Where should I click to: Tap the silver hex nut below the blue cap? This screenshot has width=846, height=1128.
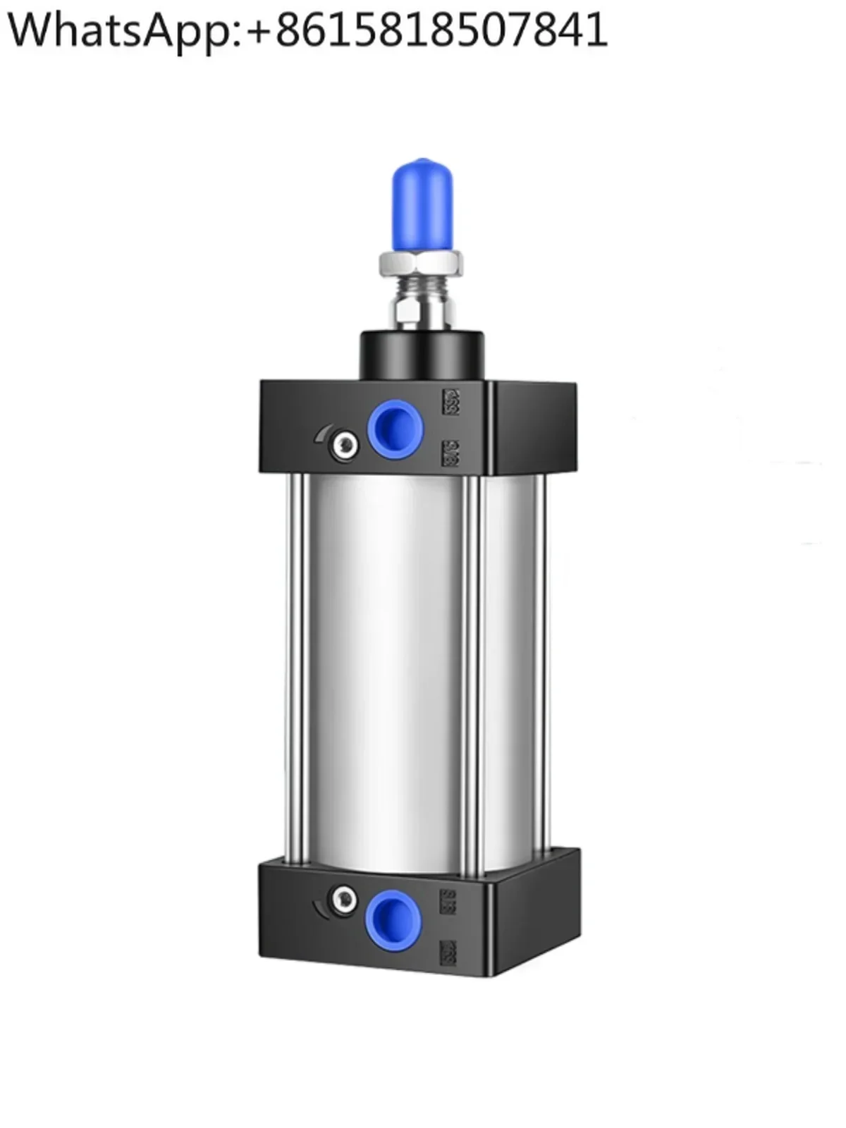tap(422, 264)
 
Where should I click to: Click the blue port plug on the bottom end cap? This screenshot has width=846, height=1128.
tap(393, 915)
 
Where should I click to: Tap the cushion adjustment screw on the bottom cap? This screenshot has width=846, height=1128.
tap(344, 897)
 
